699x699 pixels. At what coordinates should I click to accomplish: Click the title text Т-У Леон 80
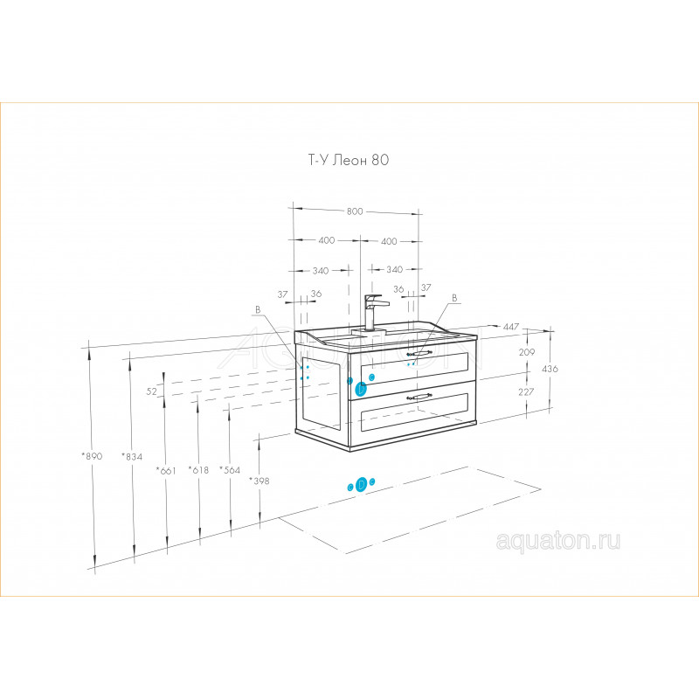[x=348, y=160]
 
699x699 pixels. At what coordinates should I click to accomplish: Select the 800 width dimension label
[x=355, y=211]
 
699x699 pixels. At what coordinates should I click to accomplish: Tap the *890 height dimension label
[x=92, y=456]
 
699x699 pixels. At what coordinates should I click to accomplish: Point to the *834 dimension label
[x=132, y=456]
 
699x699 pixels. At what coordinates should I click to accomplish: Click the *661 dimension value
[x=166, y=471]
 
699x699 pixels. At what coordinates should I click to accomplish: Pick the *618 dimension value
[x=198, y=470]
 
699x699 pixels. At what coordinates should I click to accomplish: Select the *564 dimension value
[x=230, y=470]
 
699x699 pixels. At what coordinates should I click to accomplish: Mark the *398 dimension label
[x=259, y=481]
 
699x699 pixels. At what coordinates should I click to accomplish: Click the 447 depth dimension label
[x=511, y=327]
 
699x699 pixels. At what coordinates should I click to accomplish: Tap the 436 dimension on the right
[x=550, y=369]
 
